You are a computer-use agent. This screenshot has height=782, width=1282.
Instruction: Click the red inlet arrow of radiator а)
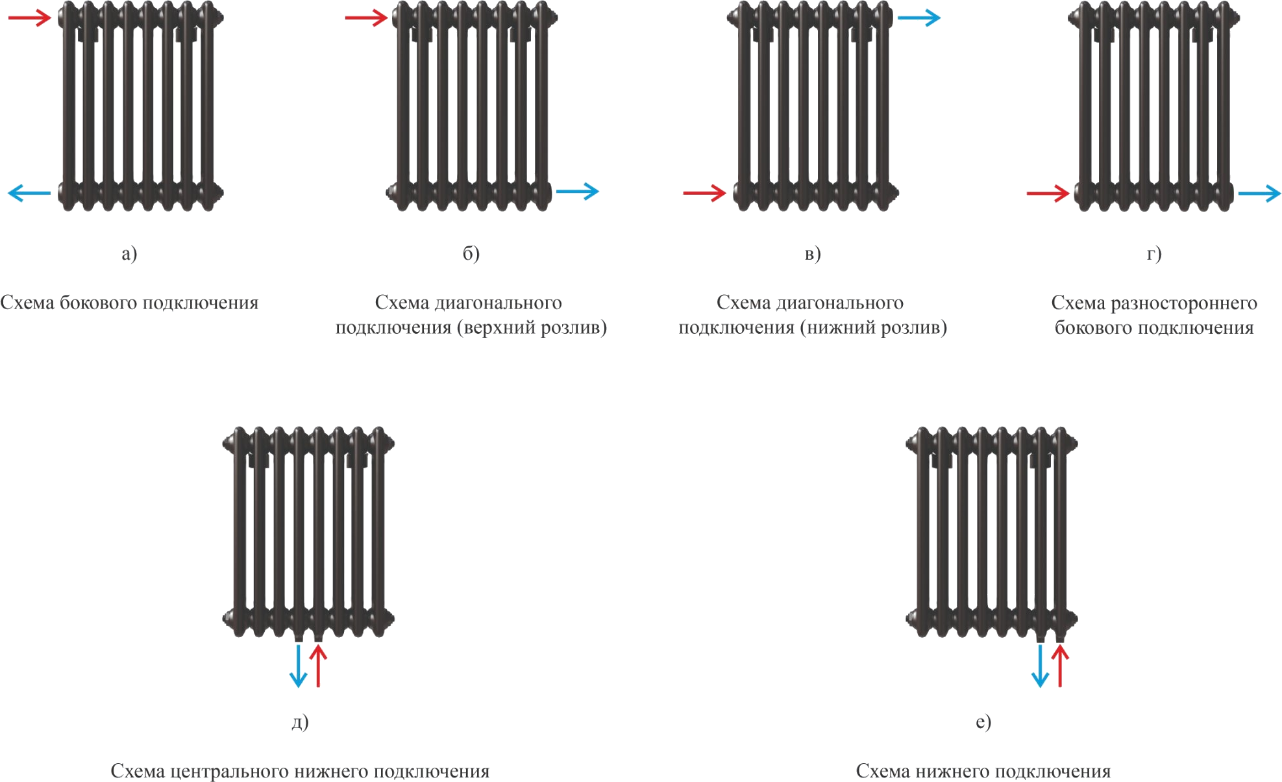[29, 18]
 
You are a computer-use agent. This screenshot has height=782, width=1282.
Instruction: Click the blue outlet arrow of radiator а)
[29, 193]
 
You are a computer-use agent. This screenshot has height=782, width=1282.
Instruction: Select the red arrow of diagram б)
[366, 18]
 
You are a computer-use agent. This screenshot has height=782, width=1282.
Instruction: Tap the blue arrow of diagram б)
[578, 192]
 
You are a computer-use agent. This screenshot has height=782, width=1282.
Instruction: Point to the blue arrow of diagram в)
[919, 18]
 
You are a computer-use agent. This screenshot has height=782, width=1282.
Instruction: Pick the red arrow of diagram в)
[705, 193]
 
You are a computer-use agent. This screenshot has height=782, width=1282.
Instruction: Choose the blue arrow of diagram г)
[1260, 193]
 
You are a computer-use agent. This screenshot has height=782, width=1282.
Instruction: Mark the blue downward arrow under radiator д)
[298, 666]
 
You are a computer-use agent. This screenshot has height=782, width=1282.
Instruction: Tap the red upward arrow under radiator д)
[318, 666]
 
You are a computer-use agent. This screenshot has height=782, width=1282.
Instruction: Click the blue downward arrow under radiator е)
[1040, 666]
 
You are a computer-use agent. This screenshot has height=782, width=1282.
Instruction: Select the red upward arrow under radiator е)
[1060, 666]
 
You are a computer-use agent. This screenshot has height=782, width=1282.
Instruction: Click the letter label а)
[129, 253]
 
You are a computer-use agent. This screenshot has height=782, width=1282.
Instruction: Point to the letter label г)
[1153, 253]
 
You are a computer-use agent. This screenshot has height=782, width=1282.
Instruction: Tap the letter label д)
[300, 722]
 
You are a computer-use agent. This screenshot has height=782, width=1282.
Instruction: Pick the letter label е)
[983, 722]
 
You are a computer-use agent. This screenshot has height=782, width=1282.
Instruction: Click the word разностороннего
[1184, 303]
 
